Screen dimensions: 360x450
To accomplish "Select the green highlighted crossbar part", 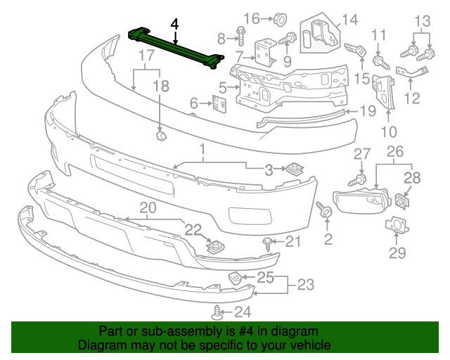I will (x=176, y=49).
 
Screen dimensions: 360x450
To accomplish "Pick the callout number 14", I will (x=349, y=20).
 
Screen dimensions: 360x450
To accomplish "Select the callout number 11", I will (x=379, y=35).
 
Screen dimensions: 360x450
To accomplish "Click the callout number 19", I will (x=369, y=111).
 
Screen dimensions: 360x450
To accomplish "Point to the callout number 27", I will (x=361, y=154).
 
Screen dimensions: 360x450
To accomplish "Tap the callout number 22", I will (x=193, y=229).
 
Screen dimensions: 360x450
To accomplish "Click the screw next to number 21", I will (x=269, y=243).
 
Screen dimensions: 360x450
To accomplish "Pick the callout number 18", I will (x=161, y=86).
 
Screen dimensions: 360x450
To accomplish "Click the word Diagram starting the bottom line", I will (x=102, y=345).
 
